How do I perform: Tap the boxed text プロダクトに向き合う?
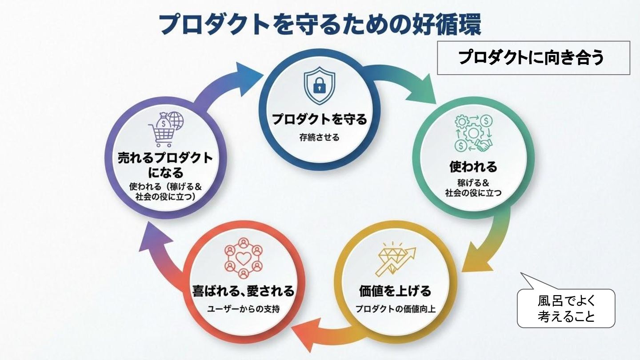(533, 58)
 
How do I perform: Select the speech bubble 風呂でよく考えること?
(566, 308)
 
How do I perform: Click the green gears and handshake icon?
(473, 133)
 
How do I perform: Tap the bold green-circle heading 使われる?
(473, 167)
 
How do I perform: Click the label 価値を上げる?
(395, 291)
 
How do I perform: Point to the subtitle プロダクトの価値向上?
(395, 309)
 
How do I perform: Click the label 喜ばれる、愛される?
(243, 291)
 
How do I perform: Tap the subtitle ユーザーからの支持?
(243, 309)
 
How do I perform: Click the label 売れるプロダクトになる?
(165, 164)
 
